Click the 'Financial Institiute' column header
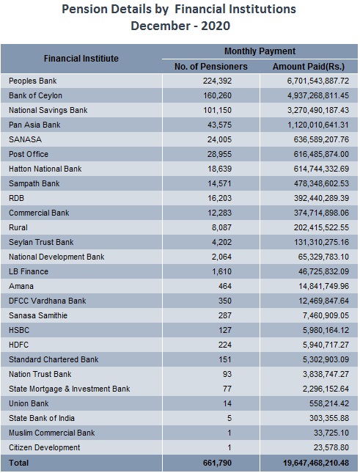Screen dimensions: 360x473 point(81,58)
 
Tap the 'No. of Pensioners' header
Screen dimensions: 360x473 point(210,66)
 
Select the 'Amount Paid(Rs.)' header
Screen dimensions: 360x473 point(309,66)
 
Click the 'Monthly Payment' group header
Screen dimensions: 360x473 point(260,51)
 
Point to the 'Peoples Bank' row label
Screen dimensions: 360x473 point(32,81)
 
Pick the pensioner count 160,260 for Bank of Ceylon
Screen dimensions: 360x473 point(217,95)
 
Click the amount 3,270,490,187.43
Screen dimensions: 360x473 point(317,110)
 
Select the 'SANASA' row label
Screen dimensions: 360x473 point(26,139)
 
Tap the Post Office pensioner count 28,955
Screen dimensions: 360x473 point(219,154)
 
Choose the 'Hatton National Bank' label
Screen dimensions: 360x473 point(45,169)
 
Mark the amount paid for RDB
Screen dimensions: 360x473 point(321,198)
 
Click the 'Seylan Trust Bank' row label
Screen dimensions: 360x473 point(41,242)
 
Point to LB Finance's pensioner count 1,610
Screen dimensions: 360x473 point(221,271)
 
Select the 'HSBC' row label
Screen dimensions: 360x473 point(19,330)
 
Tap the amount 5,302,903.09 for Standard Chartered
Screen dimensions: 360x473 point(326,359)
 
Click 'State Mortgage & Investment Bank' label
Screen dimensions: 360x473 point(70,389)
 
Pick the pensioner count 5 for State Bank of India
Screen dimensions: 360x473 point(229,418)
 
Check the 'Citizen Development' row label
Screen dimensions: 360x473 point(44,447)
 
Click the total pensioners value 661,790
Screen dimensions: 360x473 point(217,463)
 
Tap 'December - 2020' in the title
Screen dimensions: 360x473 point(180,26)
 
